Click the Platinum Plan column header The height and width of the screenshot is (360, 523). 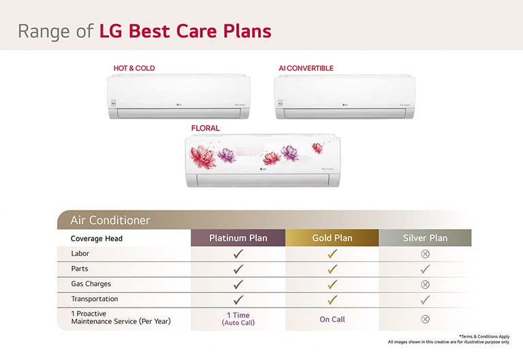click(238, 238)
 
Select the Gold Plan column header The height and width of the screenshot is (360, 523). click(332, 238)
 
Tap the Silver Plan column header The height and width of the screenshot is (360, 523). click(425, 238)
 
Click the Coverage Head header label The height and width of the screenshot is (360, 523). click(97, 239)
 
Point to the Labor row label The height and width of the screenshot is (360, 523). click(80, 254)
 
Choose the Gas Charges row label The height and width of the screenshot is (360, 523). click(91, 284)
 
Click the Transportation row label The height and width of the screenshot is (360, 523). click(94, 299)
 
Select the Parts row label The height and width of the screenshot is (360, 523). click(80, 269)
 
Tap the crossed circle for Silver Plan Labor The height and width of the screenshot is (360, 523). click(425, 254)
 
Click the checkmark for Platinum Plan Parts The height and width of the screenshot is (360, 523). click(238, 269)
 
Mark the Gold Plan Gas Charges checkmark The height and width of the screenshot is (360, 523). click(332, 284)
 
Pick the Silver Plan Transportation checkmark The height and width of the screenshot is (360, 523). click(425, 299)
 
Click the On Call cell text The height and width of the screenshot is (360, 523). click(332, 319)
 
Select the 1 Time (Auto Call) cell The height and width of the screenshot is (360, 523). click(238, 318)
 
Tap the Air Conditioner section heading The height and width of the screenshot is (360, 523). click(110, 220)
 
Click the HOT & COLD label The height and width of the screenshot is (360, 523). click(134, 68)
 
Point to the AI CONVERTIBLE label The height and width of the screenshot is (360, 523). click(306, 68)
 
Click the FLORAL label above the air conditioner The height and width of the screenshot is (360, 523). click(206, 128)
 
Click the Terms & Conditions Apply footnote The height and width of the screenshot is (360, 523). click(485, 336)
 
